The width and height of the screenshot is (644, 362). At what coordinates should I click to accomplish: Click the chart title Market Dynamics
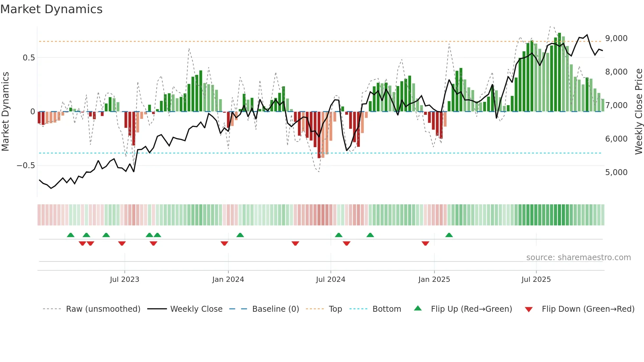(x=51, y=9)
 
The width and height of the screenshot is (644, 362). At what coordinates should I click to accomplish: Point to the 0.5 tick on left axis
(x=29, y=58)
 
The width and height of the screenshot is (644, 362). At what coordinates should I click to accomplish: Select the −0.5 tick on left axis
(x=26, y=166)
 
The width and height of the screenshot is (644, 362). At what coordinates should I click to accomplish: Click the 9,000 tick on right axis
(x=616, y=38)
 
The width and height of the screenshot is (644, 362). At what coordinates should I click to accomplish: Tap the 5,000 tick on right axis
(x=616, y=172)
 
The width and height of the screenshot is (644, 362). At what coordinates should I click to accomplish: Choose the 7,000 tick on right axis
(x=616, y=105)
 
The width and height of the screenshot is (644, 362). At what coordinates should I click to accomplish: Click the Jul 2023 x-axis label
(x=125, y=280)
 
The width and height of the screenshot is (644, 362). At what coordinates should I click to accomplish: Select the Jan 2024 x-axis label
(x=228, y=280)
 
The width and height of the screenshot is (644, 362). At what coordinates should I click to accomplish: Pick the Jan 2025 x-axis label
(x=434, y=280)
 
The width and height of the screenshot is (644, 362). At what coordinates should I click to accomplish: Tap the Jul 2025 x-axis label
(x=536, y=280)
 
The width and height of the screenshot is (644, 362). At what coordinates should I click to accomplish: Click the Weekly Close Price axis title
(x=638, y=111)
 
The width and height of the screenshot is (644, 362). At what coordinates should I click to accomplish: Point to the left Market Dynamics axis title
(x=6, y=111)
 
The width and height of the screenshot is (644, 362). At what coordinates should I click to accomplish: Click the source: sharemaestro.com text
(x=578, y=258)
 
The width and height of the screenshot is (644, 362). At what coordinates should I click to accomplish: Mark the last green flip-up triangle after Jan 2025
(x=449, y=235)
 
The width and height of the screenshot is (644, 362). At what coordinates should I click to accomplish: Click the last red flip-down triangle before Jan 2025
(x=425, y=243)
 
